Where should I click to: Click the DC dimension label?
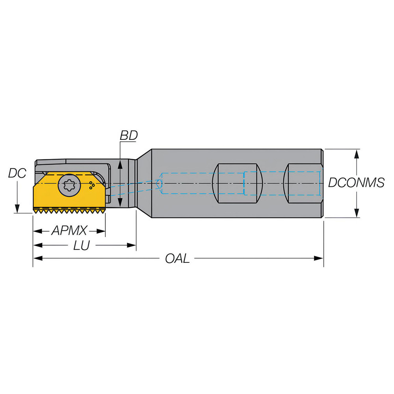tap(17, 173)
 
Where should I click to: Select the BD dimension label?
tap(128, 135)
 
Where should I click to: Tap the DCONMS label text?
tap(356, 183)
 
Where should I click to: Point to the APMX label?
tap(69, 230)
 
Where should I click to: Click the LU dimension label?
tap(82, 245)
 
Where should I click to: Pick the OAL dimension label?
tap(177, 258)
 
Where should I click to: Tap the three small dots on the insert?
tap(92, 185)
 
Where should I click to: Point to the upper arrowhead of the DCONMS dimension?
tap(357, 153)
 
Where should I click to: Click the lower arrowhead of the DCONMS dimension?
tap(357, 214)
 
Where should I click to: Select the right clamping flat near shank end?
tap(303, 183)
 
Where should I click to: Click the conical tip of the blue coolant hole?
tap(159, 184)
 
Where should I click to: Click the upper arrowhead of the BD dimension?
tap(120, 162)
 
